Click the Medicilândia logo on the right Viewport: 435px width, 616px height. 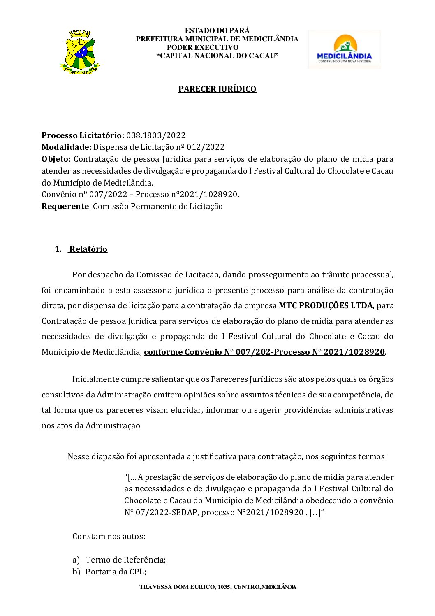coord(345,49)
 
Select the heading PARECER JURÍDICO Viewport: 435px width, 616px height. coord(217,89)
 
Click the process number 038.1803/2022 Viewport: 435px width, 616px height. coord(156,135)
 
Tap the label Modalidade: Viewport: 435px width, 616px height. coord(66,147)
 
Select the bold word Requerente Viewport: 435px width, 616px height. coord(65,207)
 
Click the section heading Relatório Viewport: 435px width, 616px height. coord(88,249)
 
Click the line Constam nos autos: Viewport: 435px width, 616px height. coord(109,537)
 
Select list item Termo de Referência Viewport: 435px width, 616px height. coord(125,560)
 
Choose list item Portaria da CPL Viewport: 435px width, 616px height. coord(116,572)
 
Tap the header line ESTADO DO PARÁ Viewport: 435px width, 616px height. coord(217,30)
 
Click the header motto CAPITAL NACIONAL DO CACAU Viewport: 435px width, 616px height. coord(217,56)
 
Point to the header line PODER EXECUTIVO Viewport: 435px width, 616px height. coord(203,47)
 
